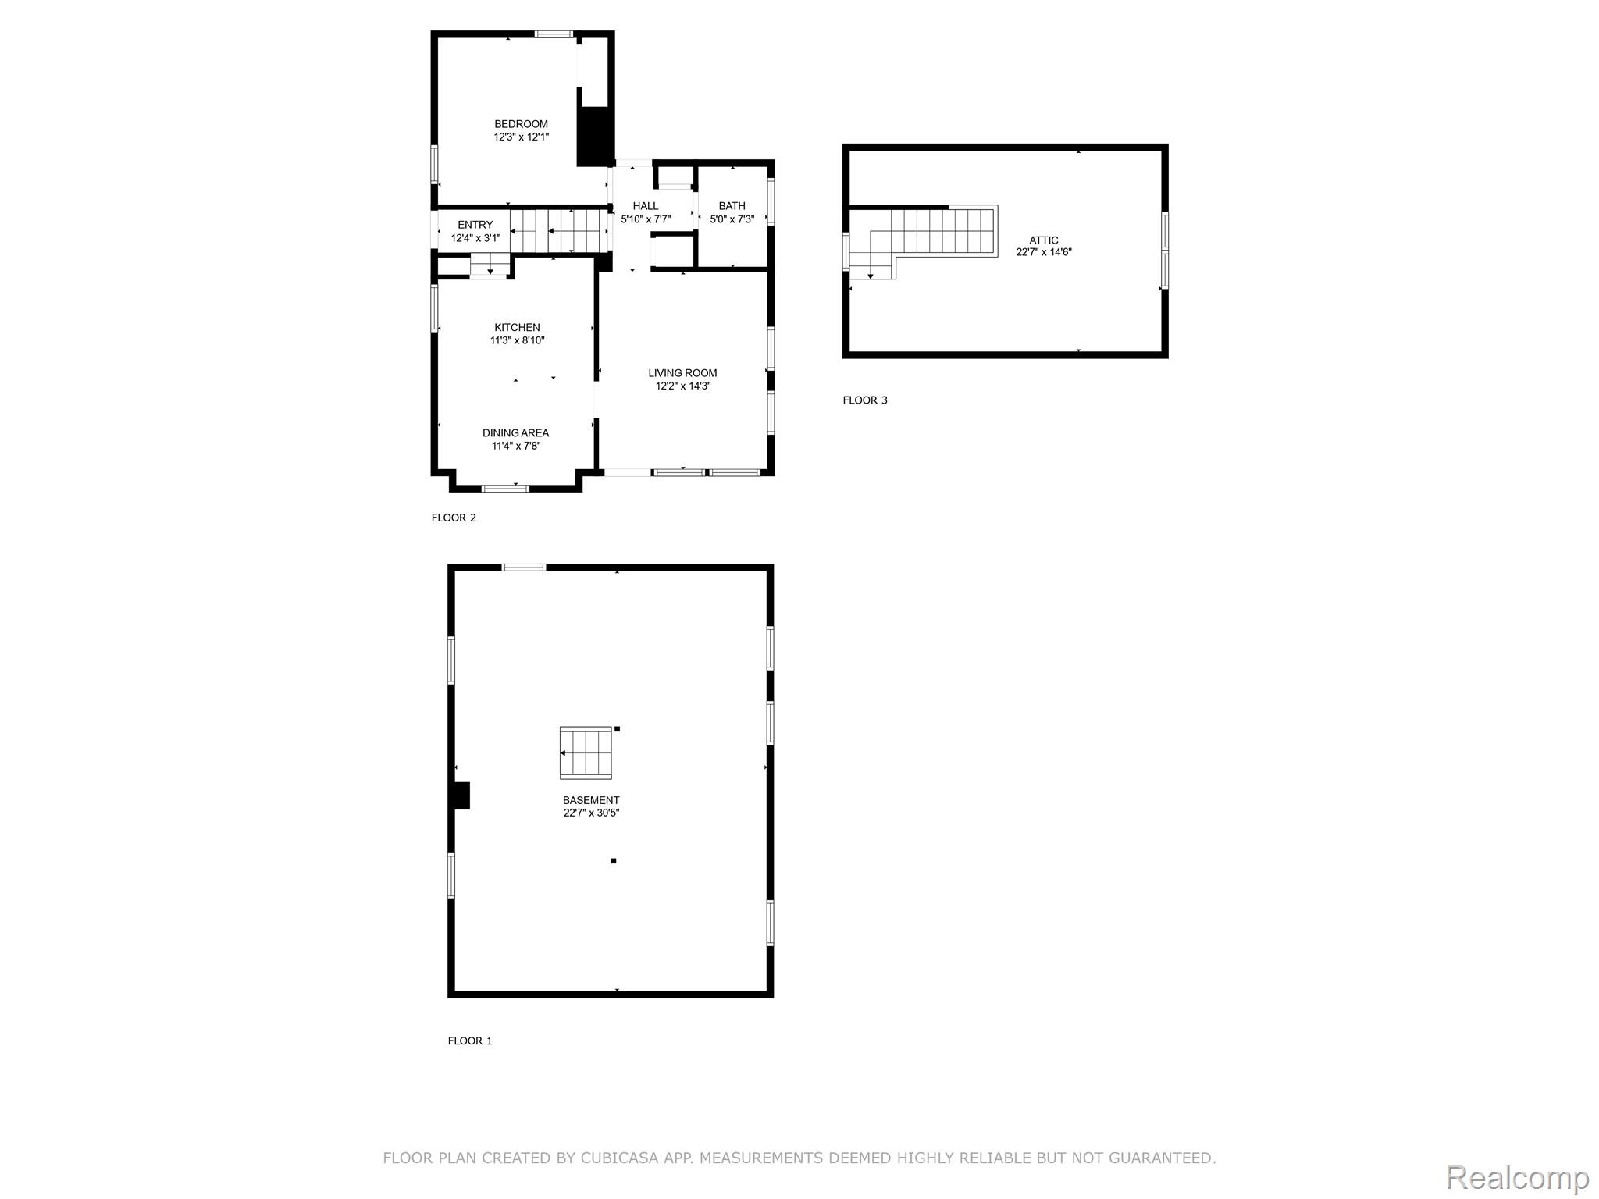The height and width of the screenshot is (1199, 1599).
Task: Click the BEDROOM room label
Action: pyautogui.click(x=521, y=124)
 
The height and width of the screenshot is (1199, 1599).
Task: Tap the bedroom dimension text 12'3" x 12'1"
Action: pyautogui.click(x=521, y=137)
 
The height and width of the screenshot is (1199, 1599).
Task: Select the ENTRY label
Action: pyautogui.click(x=475, y=225)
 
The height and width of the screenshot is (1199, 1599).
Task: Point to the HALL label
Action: pyautogui.click(x=646, y=206)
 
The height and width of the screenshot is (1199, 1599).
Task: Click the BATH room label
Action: pyautogui.click(x=732, y=206)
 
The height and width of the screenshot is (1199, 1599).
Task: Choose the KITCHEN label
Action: pyautogui.click(x=517, y=328)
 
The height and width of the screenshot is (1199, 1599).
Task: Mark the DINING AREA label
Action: pyautogui.click(x=515, y=433)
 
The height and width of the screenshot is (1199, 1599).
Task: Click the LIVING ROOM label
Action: pyautogui.click(x=682, y=373)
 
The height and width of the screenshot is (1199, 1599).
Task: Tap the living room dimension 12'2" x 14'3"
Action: pyautogui.click(x=683, y=386)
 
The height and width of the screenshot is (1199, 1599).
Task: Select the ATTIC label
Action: pyautogui.click(x=1044, y=240)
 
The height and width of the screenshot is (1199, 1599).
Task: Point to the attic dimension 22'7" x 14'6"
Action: pyautogui.click(x=1044, y=252)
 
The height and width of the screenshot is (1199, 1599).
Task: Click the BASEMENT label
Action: pyautogui.click(x=591, y=800)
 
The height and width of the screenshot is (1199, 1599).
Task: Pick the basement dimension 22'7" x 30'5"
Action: pyautogui.click(x=591, y=813)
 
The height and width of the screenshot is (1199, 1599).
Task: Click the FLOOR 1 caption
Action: pyautogui.click(x=470, y=1041)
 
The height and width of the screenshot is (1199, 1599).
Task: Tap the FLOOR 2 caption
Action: pyautogui.click(x=454, y=518)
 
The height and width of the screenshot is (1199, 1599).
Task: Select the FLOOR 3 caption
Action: pyautogui.click(x=865, y=400)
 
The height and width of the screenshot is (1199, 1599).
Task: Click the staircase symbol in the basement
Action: pyautogui.click(x=586, y=752)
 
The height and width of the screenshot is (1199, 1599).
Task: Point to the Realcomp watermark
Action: pyautogui.click(x=1517, y=1178)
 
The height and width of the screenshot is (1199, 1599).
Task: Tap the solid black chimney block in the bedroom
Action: pyautogui.click(x=596, y=137)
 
